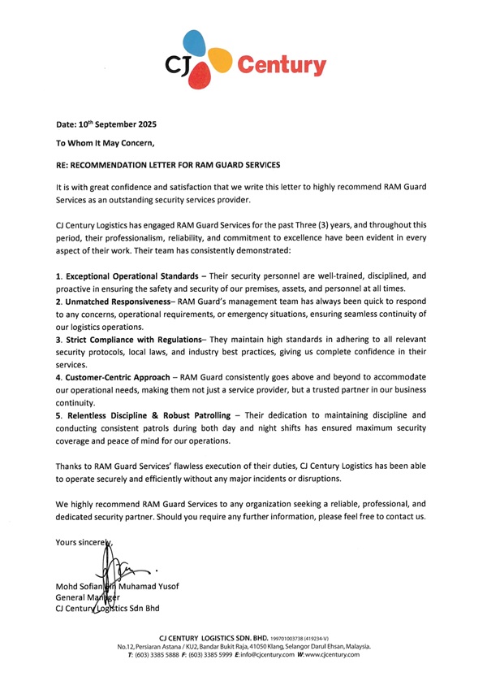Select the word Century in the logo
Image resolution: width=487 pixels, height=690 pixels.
[281, 65]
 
